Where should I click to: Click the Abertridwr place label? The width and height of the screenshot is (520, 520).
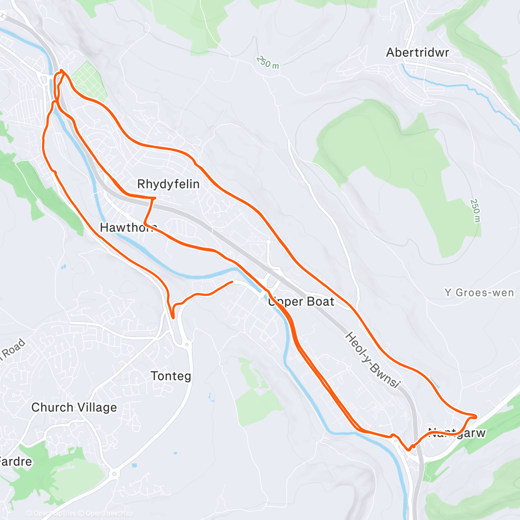point(417,53)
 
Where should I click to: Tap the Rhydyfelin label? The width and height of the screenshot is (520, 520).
point(168,184)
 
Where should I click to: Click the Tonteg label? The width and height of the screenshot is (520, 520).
point(171,375)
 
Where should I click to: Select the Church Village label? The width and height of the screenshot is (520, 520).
point(74,407)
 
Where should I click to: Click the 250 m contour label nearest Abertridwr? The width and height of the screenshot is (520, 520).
point(268,62)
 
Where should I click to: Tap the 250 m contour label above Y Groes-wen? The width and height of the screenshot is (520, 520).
point(474,210)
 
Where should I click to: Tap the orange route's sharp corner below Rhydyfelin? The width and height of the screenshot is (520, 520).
point(155,198)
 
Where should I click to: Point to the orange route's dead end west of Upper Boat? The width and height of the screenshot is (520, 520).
point(232,282)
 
